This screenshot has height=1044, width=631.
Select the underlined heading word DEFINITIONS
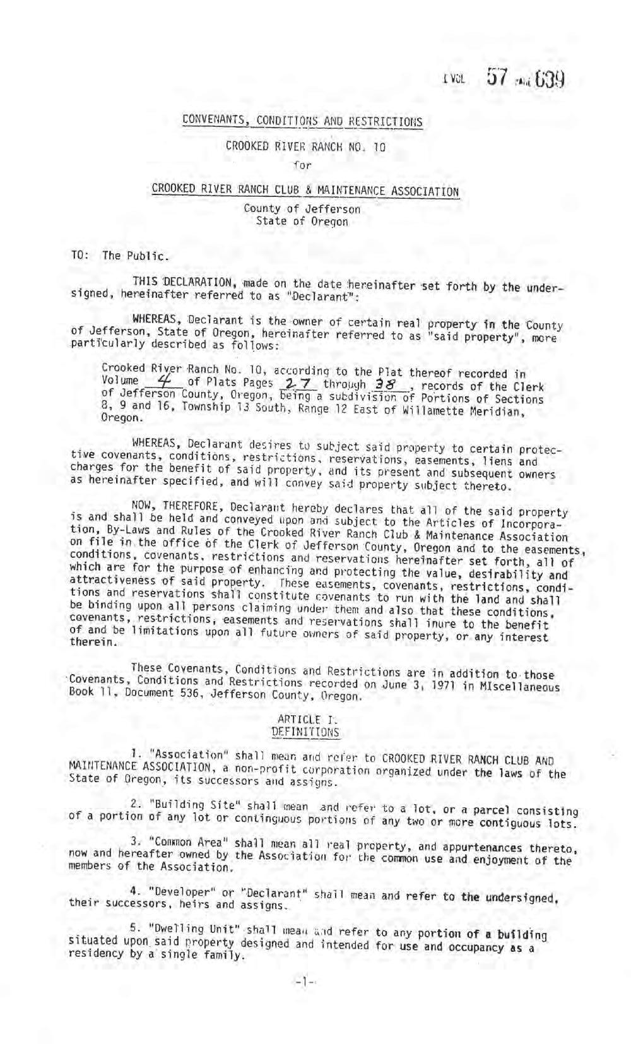305,732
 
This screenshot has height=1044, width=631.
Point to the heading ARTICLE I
305,719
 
